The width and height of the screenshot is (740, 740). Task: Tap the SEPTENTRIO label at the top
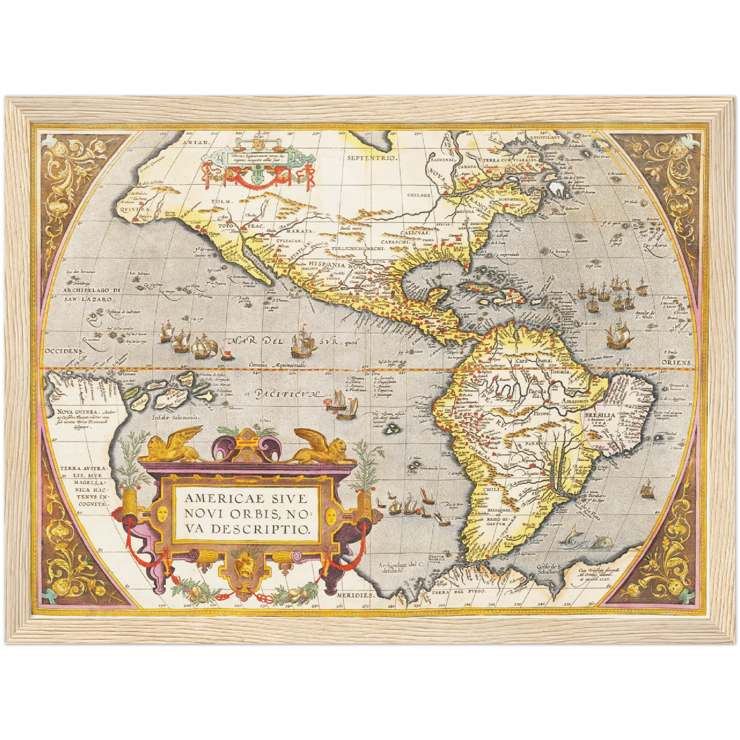pyautogui.click(x=372, y=158)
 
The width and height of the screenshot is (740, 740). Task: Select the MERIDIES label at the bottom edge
pyautogui.click(x=356, y=596)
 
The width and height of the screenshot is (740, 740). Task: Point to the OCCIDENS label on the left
pyautogui.click(x=64, y=351)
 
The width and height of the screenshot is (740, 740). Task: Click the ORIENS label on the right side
pyautogui.click(x=676, y=363)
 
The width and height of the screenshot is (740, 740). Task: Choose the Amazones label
pyautogui.click(x=576, y=401)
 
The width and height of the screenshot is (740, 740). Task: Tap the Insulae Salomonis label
pyautogui.click(x=175, y=417)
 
